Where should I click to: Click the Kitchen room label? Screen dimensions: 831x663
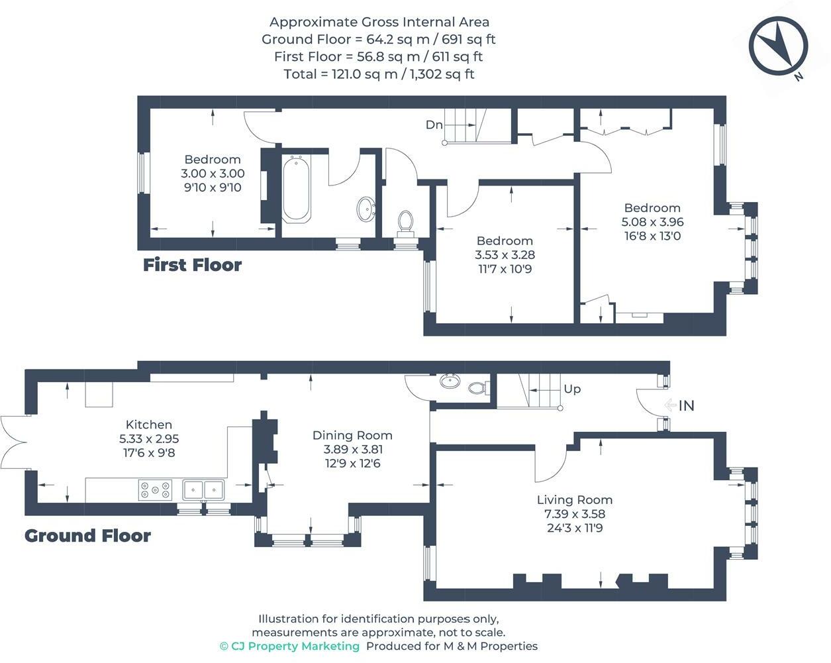tap(149, 425)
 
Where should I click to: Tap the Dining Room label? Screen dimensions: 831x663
tap(352, 435)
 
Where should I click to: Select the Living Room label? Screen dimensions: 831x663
tap(575, 500)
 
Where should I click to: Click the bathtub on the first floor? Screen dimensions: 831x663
tap(296, 189)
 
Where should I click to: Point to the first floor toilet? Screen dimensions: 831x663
tap(405, 223)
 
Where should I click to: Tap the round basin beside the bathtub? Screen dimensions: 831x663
tap(366, 209)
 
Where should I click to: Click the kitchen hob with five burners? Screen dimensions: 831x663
tap(155, 490)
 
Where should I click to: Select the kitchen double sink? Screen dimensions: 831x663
tap(203, 490)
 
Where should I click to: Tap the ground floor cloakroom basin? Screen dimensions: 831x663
tap(450, 382)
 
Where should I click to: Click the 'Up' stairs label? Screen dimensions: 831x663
tap(572, 389)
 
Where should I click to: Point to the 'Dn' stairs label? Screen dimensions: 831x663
tap(434, 125)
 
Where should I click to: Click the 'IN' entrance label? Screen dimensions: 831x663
tap(686, 405)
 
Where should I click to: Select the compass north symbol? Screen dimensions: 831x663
tap(778, 46)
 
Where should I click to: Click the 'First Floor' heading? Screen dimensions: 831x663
tap(192, 265)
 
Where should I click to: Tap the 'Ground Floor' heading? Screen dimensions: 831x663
tap(87, 536)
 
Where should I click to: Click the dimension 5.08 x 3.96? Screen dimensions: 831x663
tap(652, 222)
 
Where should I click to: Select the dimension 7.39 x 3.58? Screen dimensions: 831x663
tap(575, 514)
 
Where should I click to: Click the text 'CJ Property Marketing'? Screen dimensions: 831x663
tap(295, 646)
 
